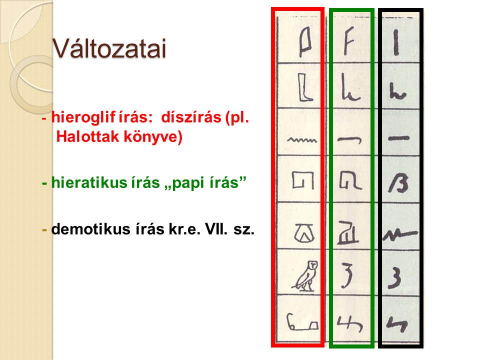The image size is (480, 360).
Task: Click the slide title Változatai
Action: click(109, 48)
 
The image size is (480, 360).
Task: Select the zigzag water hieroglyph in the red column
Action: click(302, 140)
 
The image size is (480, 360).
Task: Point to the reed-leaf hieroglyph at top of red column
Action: click(305, 42)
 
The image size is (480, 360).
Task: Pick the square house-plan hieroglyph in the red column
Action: click(303, 180)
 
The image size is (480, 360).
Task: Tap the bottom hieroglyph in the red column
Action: click(302, 322)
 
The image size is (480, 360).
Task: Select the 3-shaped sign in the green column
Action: click(347, 275)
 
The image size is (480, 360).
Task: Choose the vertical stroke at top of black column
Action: click(396, 42)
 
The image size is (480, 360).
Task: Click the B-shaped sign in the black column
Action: click(398, 183)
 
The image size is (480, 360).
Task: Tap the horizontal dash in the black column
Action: click(399, 138)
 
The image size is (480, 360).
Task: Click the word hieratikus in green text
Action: click(89, 183)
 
